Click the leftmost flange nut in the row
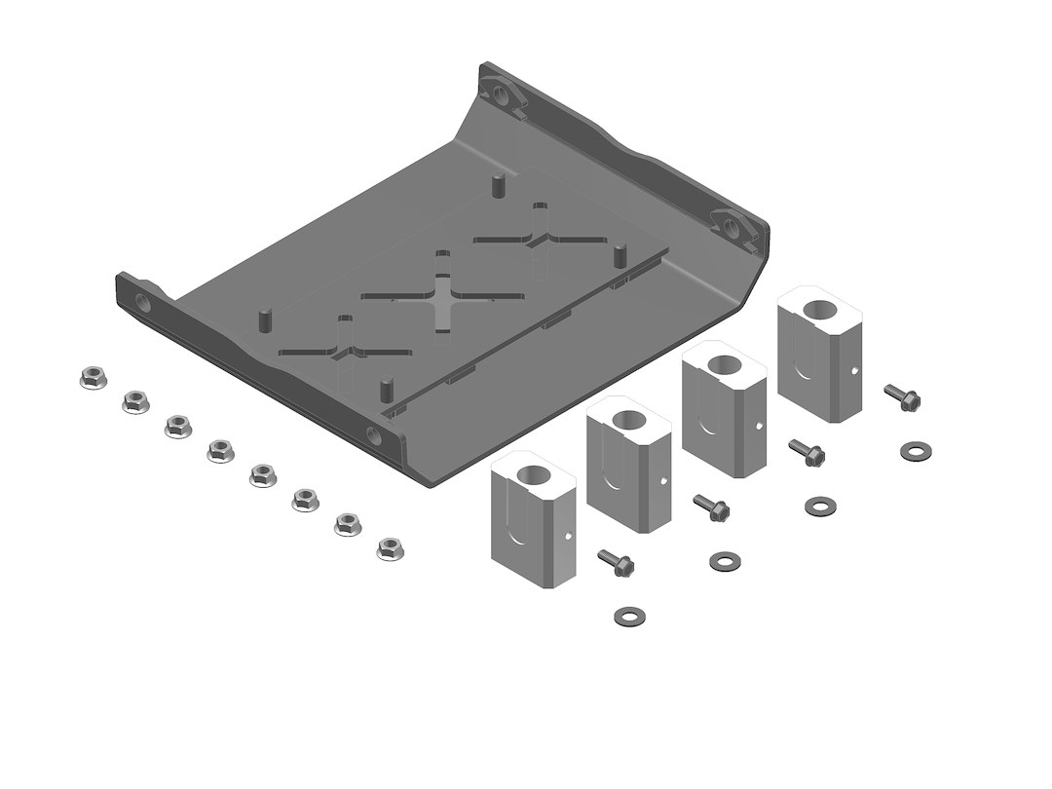click(x=91, y=378)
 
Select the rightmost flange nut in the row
click(x=391, y=548)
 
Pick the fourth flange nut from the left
click(x=219, y=450)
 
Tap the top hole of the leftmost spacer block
click(x=533, y=476)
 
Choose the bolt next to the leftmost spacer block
click(x=616, y=560)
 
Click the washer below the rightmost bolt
click(x=913, y=450)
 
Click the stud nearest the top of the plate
click(x=497, y=183)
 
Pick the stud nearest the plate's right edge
click(x=618, y=256)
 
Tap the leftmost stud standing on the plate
click(x=262, y=319)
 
